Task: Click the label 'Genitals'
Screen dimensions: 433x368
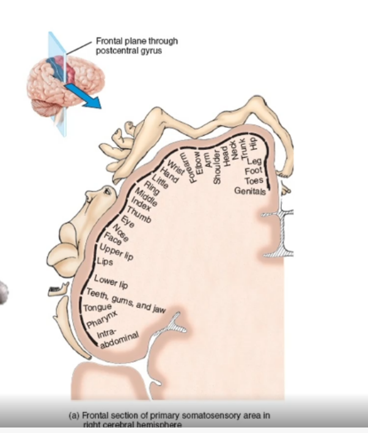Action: (x=250, y=191)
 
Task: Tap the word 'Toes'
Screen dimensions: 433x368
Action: (x=254, y=181)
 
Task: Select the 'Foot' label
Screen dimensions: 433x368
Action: (x=253, y=171)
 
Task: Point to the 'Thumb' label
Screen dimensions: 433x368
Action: (x=139, y=212)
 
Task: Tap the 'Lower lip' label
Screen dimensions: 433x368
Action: (x=110, y=284)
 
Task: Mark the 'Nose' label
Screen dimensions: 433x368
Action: (x=122, y=231)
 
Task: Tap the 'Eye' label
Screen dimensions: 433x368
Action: (x=128, y=221)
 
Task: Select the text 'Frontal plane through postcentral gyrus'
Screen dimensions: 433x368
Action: (x=136, y=46)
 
